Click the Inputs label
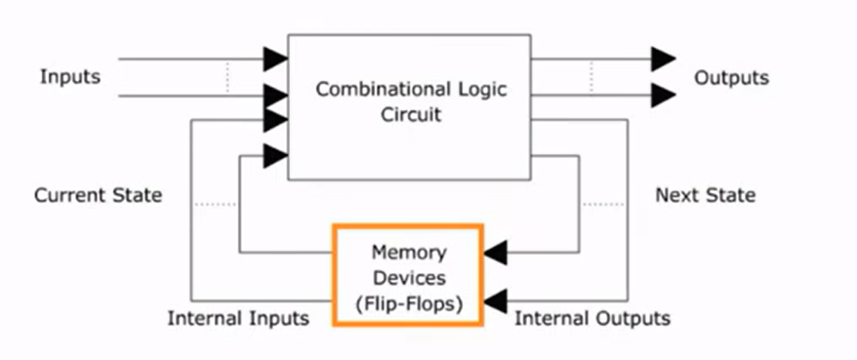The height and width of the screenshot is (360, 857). click(69, 77)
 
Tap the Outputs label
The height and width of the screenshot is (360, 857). click(731, 77)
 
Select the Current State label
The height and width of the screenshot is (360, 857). click(98, 195)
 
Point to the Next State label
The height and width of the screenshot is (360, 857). click(705, 195)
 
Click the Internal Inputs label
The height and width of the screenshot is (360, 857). click(238, 318)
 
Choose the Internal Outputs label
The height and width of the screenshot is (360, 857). click(592, 318)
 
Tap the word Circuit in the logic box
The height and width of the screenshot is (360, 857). click(408, 114)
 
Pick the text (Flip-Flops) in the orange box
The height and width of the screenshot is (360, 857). click(407, 301)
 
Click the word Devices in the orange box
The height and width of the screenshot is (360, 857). click(407, 276)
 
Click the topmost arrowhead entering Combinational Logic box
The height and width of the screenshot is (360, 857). click(275, 59)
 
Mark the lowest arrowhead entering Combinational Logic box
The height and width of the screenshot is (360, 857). click(275, 155)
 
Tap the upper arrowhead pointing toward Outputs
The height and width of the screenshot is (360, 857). click(664, 59)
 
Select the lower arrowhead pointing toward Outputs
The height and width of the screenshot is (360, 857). click(664, 95)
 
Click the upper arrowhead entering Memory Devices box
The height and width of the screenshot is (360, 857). click(496, 253)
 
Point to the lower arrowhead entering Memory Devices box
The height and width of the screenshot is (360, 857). click(496, 299)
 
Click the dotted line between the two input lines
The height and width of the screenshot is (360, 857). click(226, 78)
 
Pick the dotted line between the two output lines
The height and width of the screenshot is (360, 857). click(591, 76)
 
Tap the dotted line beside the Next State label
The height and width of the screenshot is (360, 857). click(602, 205)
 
